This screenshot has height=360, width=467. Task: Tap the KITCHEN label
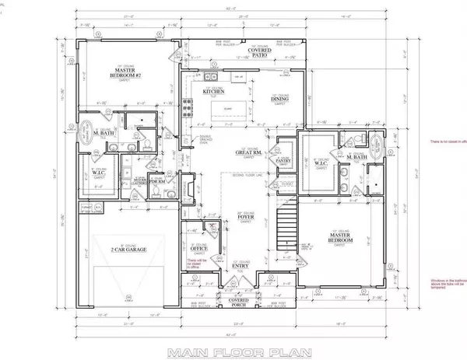point(214,91)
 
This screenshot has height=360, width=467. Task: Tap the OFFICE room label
point(197,249)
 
